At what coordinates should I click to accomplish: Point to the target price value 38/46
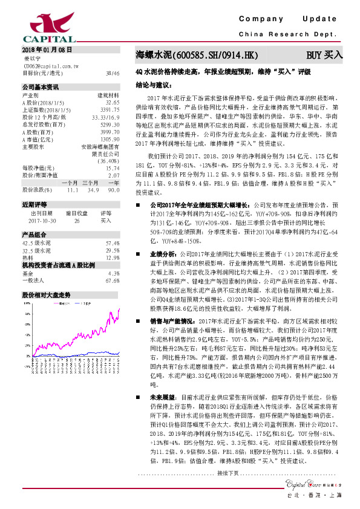pos(112,73)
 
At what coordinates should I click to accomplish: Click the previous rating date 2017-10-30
pos(42,221)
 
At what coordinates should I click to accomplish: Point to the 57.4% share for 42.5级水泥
pos(113,243)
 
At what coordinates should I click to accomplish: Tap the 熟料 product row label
pos(29,258)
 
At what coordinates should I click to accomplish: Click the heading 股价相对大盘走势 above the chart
pos(47,295)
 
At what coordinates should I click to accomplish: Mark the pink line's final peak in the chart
pos(119,308)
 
